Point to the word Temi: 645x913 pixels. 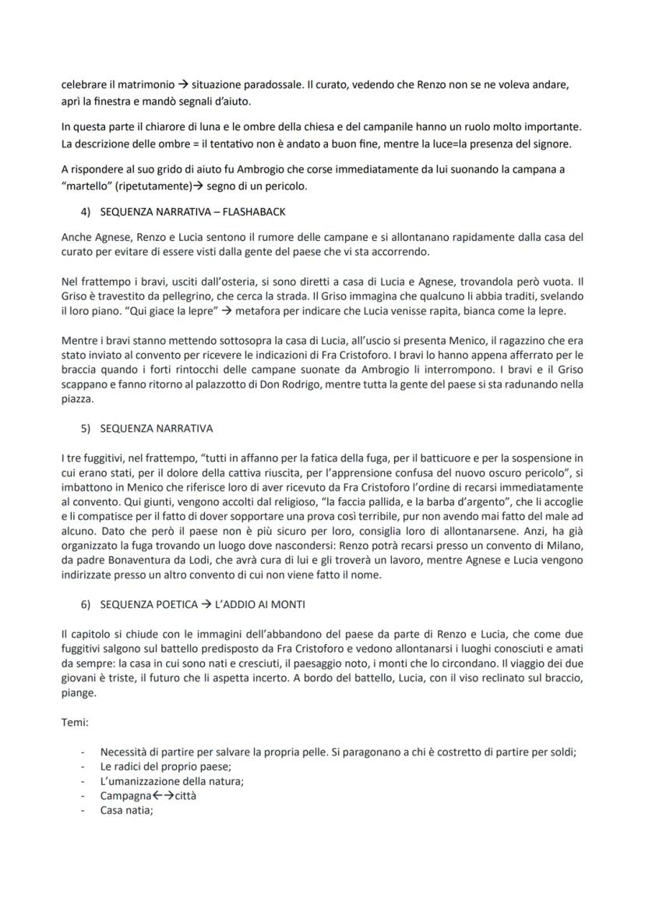pos(75,722)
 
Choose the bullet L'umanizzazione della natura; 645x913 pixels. pos(171,781)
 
